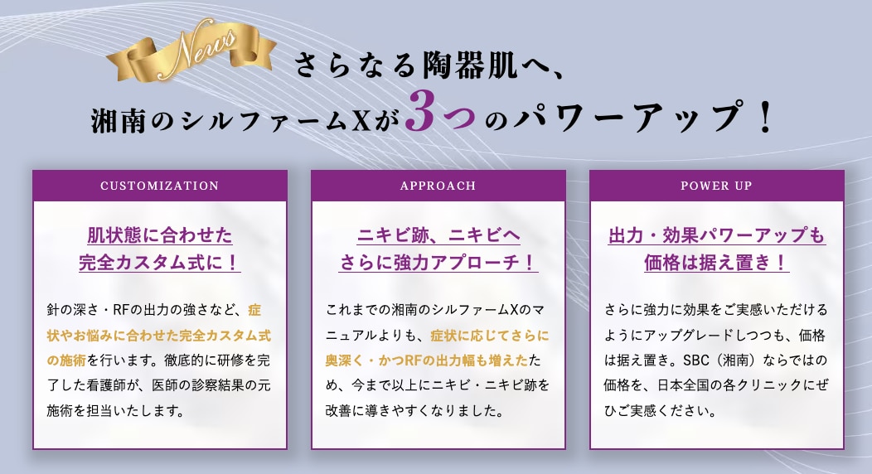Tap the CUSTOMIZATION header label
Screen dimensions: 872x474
160,186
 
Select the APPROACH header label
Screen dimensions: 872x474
438,186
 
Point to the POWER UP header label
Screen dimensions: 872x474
716,186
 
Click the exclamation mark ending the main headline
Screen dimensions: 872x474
765,116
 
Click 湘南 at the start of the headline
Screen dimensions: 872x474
118,119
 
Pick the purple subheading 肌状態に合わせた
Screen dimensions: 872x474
160,235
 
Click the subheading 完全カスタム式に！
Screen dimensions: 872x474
160,262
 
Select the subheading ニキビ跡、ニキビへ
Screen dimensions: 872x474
438,235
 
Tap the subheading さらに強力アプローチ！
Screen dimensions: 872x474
438,262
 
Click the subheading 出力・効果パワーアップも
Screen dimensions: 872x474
716,235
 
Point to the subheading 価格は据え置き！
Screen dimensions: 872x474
716,262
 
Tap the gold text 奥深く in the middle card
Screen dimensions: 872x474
345,360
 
